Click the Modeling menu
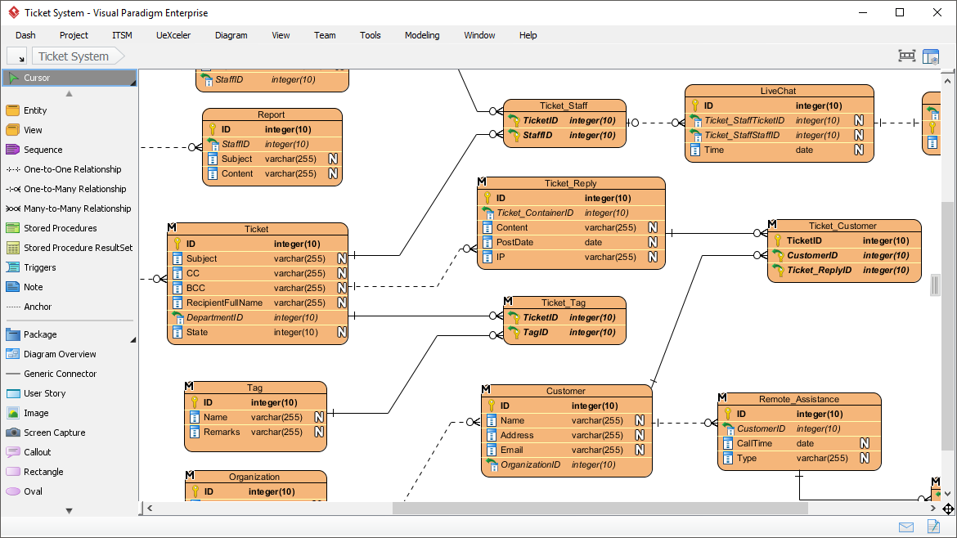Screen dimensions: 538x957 (421, 35)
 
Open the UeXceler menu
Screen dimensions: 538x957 (173, 35)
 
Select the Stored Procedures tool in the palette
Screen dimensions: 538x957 (60, 228)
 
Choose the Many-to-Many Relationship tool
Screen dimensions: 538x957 (77, 208)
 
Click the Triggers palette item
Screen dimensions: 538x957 (39, 267)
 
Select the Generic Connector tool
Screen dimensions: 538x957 (60, 374)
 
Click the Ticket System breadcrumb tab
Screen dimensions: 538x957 (74, 56)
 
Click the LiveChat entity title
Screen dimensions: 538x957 (778, 91)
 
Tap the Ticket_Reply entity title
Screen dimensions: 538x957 (570, 183)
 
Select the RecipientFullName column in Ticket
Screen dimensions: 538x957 (224, 303)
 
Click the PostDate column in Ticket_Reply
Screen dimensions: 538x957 (514, 242)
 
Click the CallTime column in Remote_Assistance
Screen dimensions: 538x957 (754, 443)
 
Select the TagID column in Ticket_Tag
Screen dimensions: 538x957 (536, 332)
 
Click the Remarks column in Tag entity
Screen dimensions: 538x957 (222, 432)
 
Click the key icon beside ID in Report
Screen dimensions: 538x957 (211, 129)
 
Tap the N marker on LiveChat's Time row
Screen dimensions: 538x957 (859, 150)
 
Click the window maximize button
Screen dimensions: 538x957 (900, 12)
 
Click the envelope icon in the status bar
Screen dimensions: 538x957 (906, 527)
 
